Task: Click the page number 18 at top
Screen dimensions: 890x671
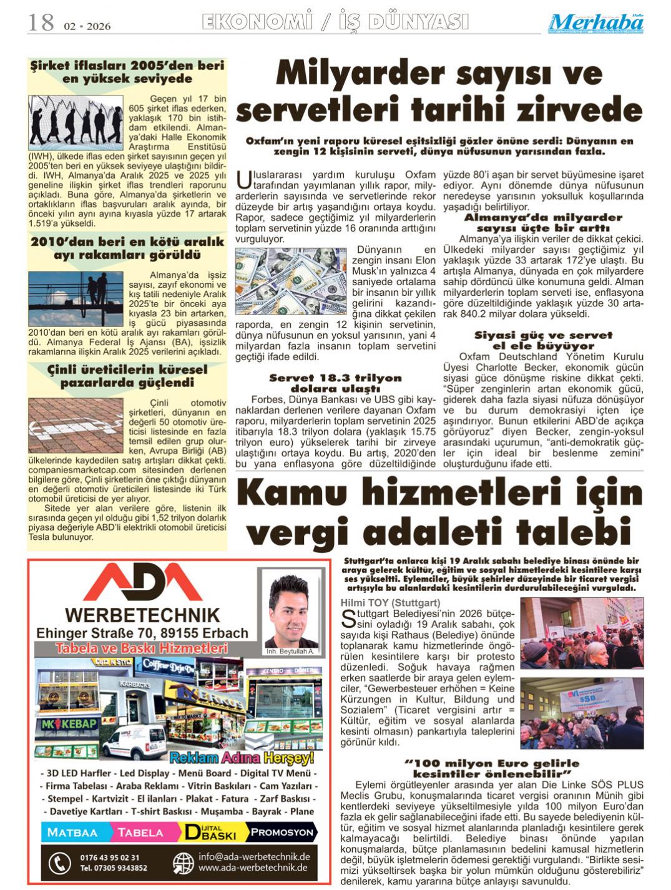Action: tap(41, 23)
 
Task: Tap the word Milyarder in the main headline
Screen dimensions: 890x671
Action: tap(355, 74)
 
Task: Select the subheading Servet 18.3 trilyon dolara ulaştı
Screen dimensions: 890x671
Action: tap(335, 383)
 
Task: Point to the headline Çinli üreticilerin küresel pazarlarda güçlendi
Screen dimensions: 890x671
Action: tap(127, 376)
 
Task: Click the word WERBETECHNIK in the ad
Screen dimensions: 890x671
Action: tap(142, 615)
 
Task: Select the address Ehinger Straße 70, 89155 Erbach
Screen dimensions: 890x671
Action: tap(142, 633)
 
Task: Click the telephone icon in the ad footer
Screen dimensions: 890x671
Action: tap(59, 863)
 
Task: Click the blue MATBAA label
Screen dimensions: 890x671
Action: tap(72, 833)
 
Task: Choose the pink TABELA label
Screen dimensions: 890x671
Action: tap(140, 833)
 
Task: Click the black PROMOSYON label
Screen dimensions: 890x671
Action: tap(282, 832)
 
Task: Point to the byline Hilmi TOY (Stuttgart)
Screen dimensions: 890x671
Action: tap(390, 602)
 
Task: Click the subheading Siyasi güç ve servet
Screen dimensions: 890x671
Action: tap(543, 335)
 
